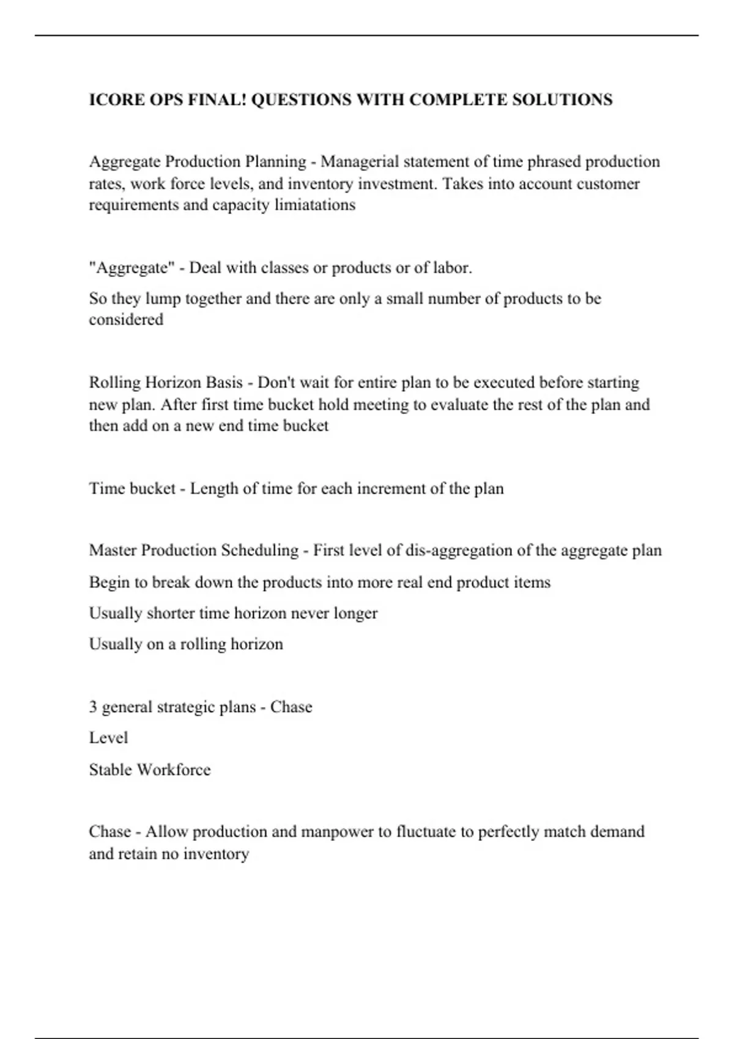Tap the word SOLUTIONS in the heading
coord(562,100)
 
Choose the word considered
coord(126,320)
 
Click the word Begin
coord(109,582)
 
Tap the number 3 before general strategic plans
coord(93,707)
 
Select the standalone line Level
coord(108,738)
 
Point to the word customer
coord(605,184)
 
